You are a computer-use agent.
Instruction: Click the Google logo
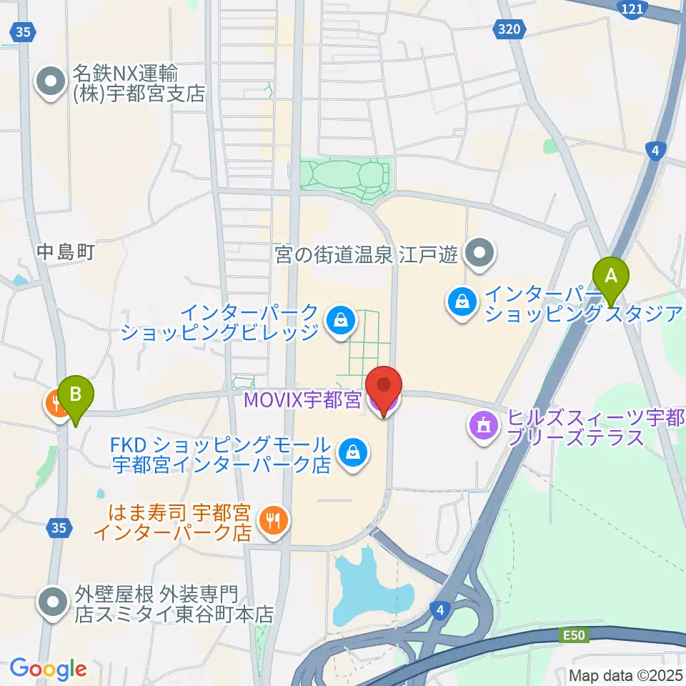[48, 669]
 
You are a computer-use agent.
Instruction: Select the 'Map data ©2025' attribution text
[626, 675]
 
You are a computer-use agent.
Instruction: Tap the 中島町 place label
[66, 252]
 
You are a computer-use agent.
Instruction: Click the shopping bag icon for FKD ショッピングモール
[352, 452]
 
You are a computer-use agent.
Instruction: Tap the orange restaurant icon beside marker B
[56, 405]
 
